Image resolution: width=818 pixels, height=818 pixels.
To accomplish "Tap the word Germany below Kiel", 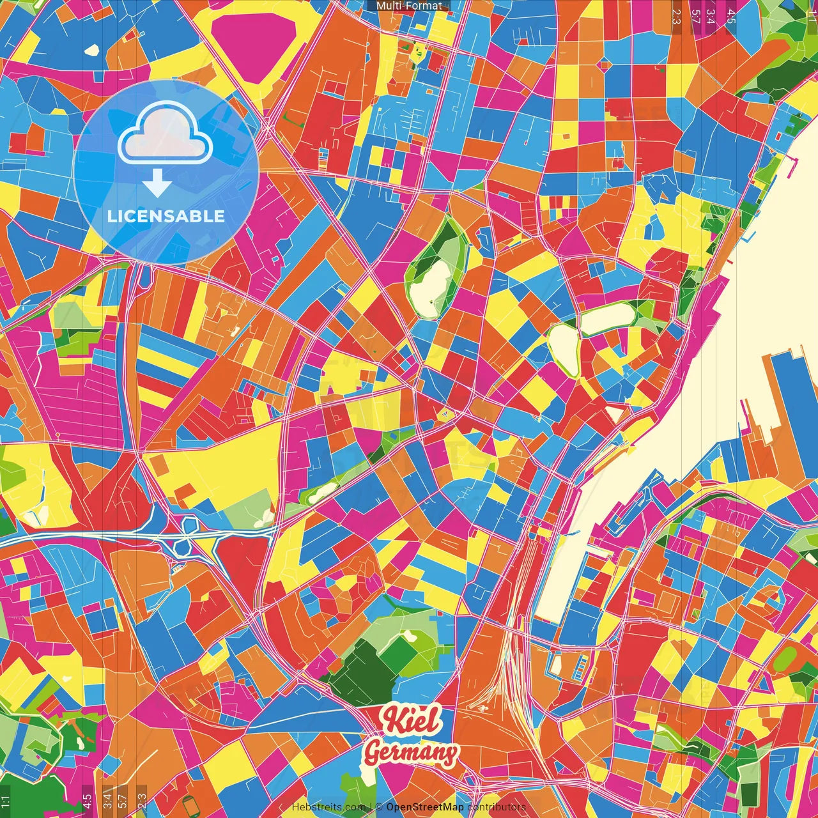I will point(411,753).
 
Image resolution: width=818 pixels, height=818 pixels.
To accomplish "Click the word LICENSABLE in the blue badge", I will point(166,216).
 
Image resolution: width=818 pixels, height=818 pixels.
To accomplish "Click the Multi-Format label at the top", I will point(409,6).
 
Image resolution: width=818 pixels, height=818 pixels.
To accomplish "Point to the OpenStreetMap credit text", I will point(424,807).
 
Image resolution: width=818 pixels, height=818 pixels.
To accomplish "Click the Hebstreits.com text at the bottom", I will point(328,807).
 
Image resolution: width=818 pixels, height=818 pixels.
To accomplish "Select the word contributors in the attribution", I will point(497,807).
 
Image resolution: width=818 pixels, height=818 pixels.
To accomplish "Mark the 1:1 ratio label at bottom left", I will point(6,801).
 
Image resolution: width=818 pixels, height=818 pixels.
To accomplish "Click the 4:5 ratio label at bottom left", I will point(87,801).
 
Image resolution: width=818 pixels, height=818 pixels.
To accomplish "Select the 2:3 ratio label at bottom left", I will point(142,801).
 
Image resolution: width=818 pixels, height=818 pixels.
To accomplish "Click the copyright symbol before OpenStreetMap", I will point(379,807).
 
